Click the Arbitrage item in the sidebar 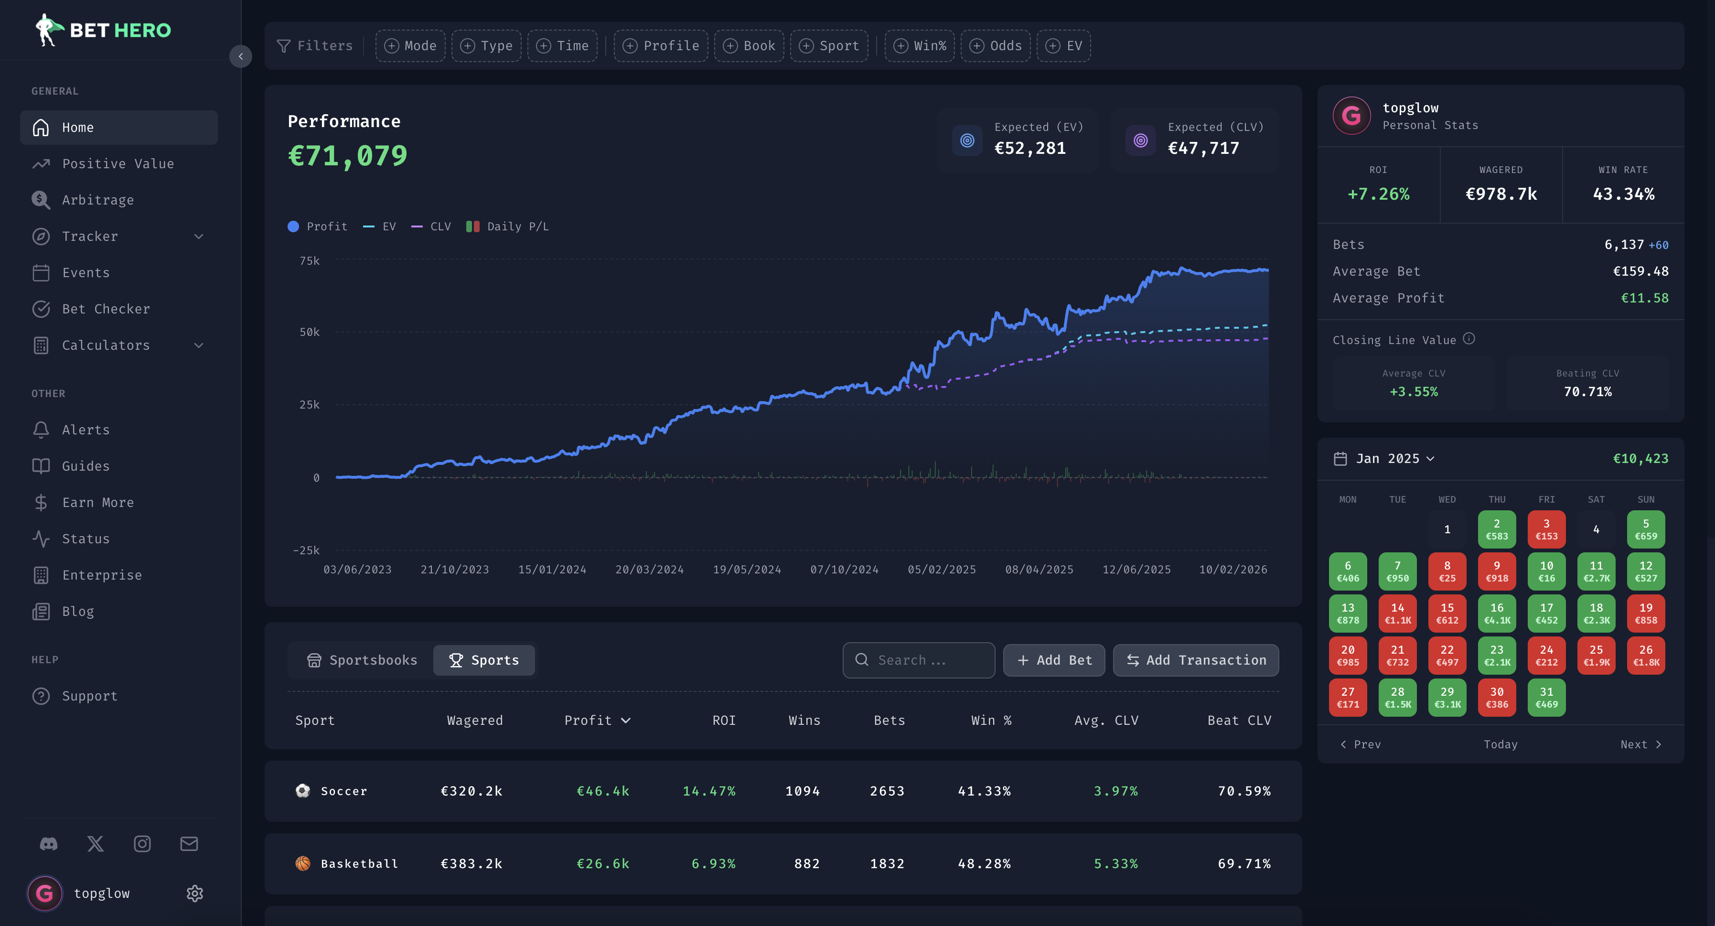point(98,200)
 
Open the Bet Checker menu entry point(106,309)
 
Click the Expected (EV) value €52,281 point(1029,149)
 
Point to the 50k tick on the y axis point(310,332)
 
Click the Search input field point(919,660)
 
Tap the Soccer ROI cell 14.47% point(708,791)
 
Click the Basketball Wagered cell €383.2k point(472,863)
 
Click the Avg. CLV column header point(1106,720)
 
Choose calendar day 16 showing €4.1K point(1497,613)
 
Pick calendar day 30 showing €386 point(1497,698)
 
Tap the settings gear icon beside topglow point(194,894)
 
